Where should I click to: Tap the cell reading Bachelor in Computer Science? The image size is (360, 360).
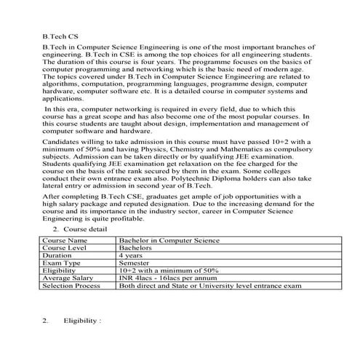click(x=169, y=239)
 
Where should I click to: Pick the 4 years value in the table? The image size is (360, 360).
click(x=131, y=256)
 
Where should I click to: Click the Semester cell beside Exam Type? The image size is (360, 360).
click(x=136, y=263)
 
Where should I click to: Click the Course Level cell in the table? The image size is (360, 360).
click(x=65, y=247)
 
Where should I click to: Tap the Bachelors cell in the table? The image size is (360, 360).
click(x=137, y=247)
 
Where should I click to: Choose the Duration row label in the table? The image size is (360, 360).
click(x=57, y=256)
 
